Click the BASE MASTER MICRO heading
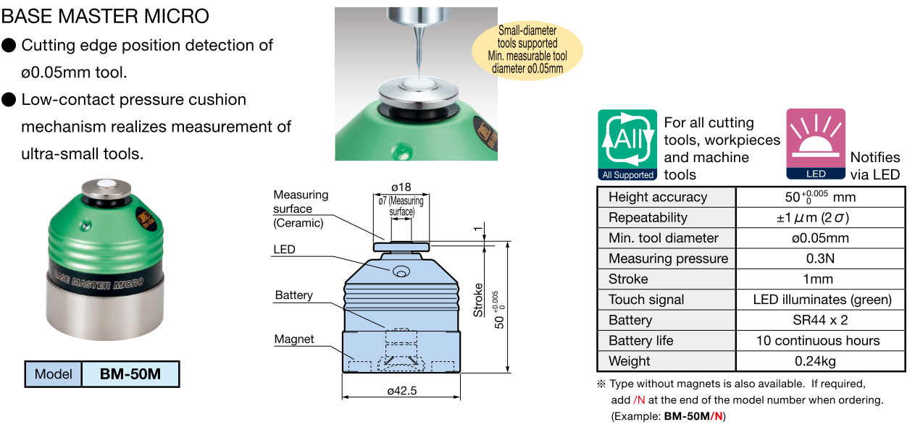click(106, 15)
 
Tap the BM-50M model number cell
click(130, 374)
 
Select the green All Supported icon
click(627, 145)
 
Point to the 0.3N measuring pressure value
click(820, 258)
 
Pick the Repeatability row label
click(648, 217)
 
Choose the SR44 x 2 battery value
click(820, 320)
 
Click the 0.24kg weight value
click(820, 361)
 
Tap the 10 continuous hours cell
click(820, 340)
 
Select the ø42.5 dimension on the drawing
click(401, 391)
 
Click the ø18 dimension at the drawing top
click(401, 186)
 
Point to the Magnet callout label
click(294, 339)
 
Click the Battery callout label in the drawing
click(293, 295)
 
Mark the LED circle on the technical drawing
click(400, 271)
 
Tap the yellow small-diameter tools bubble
click(527, 49)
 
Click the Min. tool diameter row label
click(664, 238)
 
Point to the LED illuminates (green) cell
click(820, 300)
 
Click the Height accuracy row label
click(658, 197)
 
